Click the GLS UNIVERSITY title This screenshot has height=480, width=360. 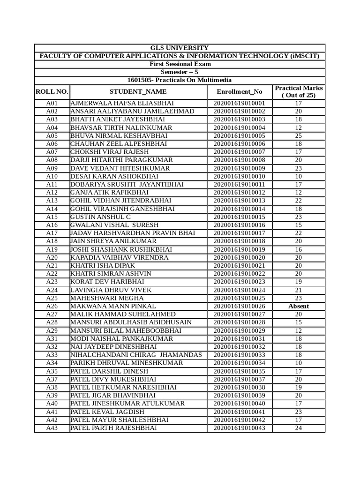[180, 48]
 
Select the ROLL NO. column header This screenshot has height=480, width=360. [52, 91]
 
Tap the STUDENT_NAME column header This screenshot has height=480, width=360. [138, 91]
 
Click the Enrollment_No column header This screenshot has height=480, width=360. [240, 91]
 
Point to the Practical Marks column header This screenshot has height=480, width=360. [299, 91]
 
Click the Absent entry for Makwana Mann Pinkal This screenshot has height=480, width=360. [299, 306]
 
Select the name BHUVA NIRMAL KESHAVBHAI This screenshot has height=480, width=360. [119, 135]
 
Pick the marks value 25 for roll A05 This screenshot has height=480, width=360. [299, 135]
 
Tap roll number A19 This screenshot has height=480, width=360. [52, 249]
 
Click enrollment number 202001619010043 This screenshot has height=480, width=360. [240, 428]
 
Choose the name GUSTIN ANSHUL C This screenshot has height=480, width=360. [100, 217]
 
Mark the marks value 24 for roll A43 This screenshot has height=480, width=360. [299, 428]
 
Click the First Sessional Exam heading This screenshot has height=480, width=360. [180, 64]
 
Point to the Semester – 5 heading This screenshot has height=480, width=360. [180, 72]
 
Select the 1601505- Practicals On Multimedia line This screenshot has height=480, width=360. [180, 80]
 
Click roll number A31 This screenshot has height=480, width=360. [52, 338]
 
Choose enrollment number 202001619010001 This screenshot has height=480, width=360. [240, 103]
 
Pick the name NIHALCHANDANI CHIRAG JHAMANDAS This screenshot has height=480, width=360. [136, 355]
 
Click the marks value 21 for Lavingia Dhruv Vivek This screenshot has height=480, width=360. [299, 290]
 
